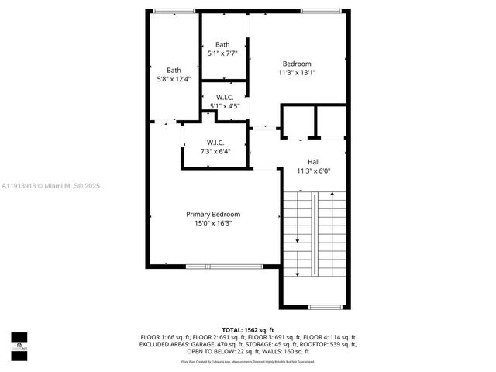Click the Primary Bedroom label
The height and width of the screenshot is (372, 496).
tap(212, 214)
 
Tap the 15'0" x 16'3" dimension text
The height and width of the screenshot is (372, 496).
tap(212, 223)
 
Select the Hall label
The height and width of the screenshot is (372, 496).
tap(313, 162)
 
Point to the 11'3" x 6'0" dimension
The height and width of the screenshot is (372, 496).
tap(313, 171)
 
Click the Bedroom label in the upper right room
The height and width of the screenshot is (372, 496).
tap(297, 64)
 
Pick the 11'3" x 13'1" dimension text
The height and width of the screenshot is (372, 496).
tap(297, 73)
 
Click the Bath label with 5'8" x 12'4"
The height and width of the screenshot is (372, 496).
tap(174, 70)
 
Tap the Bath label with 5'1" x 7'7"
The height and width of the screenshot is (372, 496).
tap(222, 44)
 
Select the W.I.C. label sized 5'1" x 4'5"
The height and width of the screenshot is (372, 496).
tap(225, 97)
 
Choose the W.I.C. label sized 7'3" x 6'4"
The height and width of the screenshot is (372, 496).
tap(215, 142)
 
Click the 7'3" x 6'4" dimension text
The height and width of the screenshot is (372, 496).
tap(215, 151)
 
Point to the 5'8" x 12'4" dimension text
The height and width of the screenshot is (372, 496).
tap(174, 79)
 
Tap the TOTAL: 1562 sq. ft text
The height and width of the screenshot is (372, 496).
tap(247, 330)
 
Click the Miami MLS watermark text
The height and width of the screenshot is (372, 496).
tap(50, 186)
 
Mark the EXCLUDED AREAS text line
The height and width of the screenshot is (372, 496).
tap(247, 344)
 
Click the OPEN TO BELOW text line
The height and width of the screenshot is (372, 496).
tap(247, 351)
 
